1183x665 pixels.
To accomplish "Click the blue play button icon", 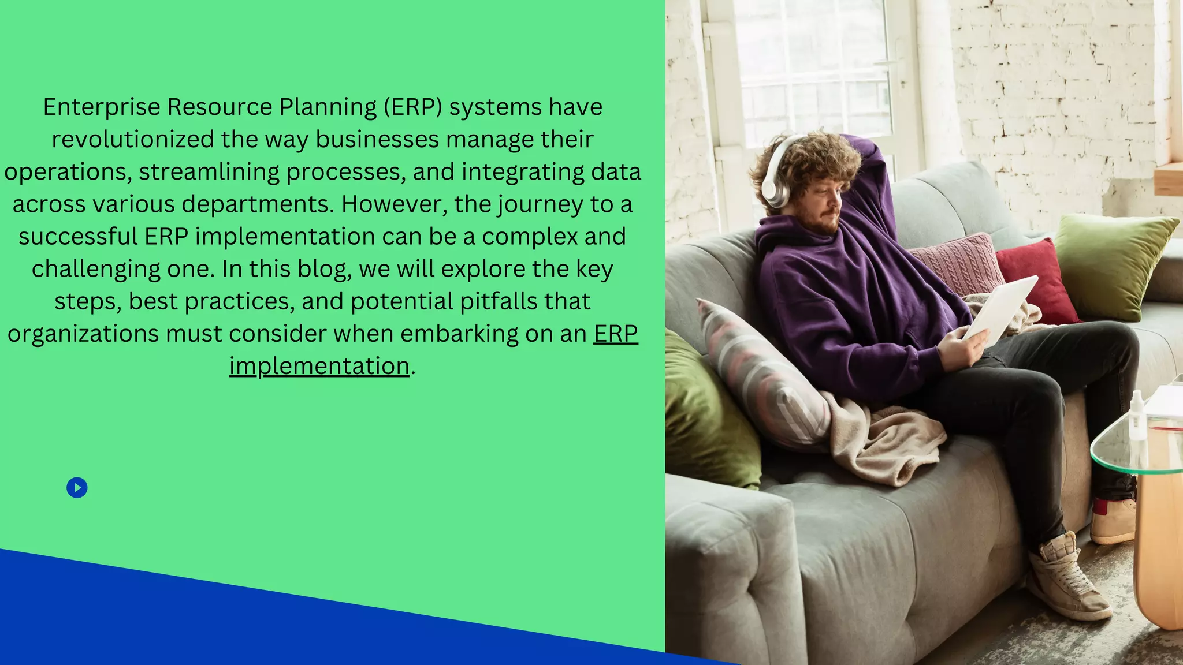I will click(77, 488).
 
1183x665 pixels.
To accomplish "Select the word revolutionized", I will click(132, 140).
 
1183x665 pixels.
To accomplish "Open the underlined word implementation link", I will click(319, 367).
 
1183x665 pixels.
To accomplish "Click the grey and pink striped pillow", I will click(762, 375).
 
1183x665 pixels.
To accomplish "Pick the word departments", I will click(258, 204).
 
